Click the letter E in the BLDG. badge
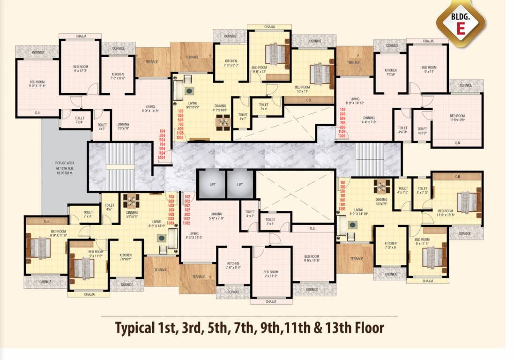(461, 28)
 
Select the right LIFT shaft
(239, 184)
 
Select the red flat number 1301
(343, 209)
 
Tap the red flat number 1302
(186, 223)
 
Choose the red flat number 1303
(171, 223)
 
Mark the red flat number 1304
(162, 157)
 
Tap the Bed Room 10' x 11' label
(302, 90)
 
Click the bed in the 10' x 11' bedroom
(321, 74)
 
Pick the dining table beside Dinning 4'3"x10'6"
(223, 122)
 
